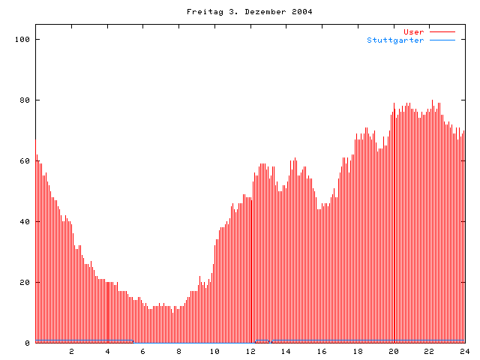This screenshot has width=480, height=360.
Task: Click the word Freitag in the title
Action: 202,11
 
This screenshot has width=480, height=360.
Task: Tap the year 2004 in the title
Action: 301,11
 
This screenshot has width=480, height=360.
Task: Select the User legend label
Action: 414,31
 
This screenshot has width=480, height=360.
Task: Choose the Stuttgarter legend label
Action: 395,40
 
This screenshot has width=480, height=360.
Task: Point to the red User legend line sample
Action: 442,31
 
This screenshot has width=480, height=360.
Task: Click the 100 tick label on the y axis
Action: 23,39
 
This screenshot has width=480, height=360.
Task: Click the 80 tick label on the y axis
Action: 25,100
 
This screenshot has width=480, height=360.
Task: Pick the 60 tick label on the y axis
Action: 25,160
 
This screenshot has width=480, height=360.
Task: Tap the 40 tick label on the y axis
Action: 25,221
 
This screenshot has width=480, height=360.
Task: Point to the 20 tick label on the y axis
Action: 25,282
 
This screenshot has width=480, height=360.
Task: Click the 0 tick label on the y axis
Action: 28,343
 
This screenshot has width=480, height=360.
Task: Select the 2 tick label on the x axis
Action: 72,351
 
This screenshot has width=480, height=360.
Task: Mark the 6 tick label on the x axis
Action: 143,351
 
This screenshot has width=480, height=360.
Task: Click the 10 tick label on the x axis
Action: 214,351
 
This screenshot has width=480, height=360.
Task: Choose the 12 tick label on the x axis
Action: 250,351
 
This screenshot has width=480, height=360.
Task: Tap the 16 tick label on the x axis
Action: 322,351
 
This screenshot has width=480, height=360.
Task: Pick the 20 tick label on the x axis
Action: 393,351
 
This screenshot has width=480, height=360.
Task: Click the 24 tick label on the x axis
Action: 464,351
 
